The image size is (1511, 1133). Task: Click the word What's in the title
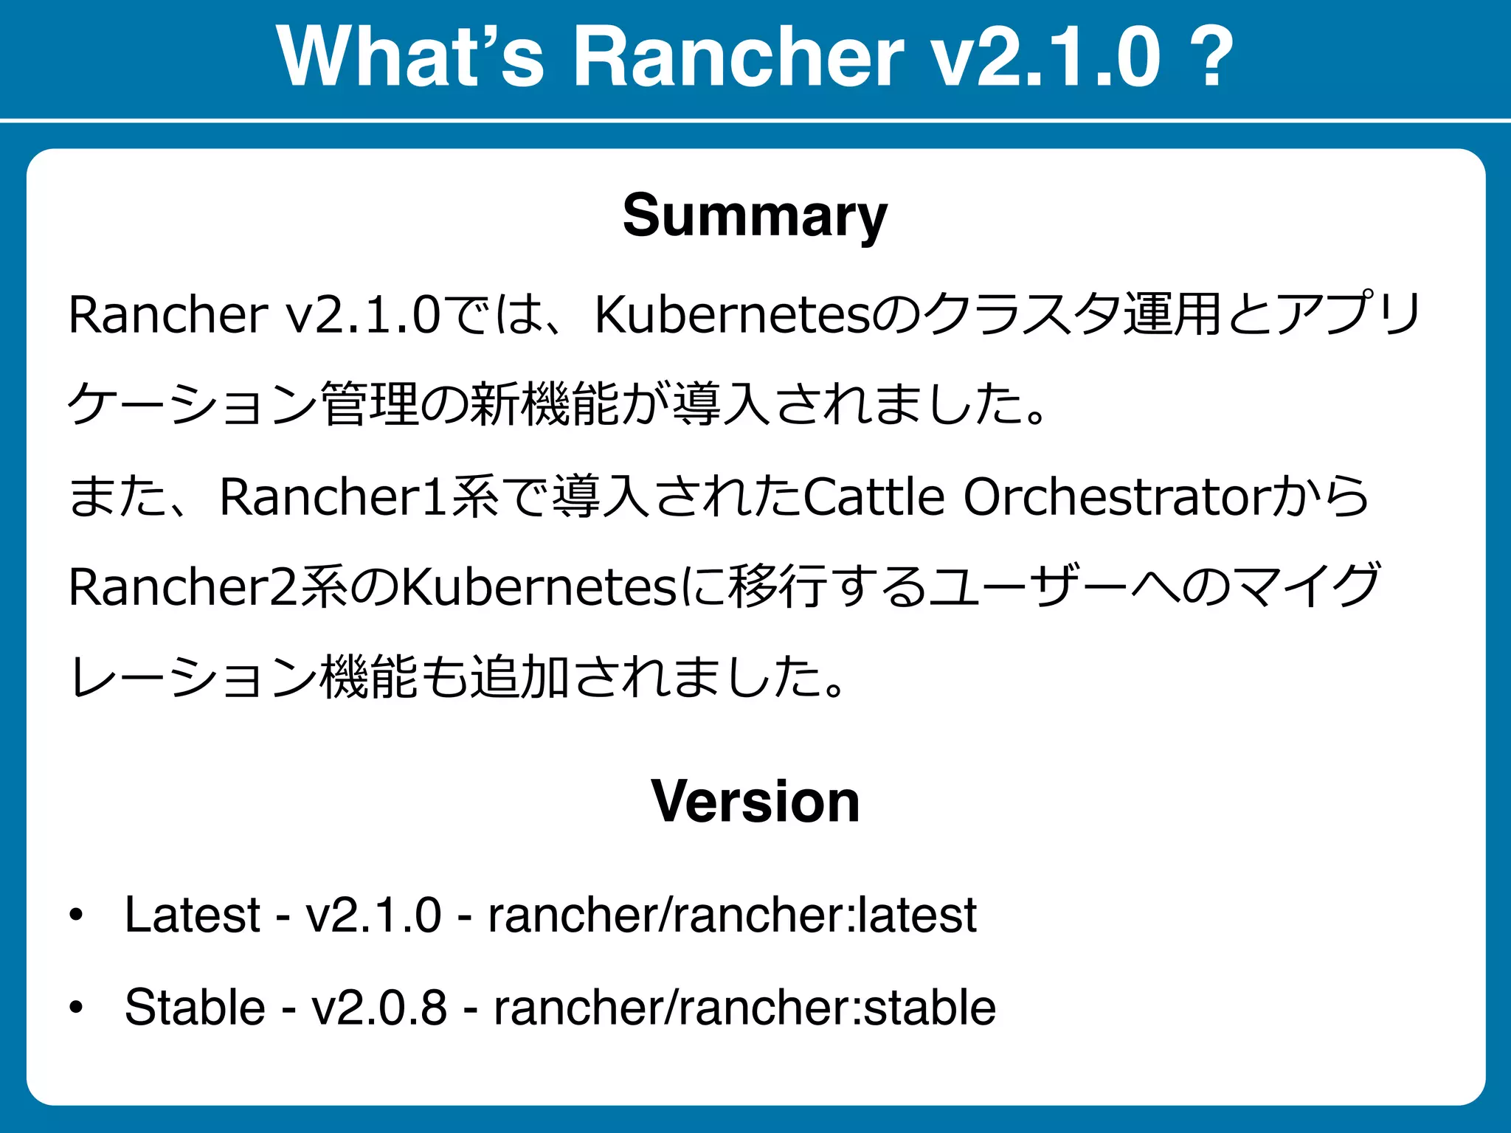(410, 58)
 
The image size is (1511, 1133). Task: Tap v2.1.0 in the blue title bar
(1046, 58)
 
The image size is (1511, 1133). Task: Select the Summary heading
(755, 215)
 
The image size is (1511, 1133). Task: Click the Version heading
(755, 802)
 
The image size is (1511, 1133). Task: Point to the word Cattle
(874, 497)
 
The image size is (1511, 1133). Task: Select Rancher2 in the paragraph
(184, 588)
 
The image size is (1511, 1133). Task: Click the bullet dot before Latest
(75, 915)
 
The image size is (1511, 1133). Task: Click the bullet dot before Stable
(75, 1008)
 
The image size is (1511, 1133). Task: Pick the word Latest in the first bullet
(193, 915)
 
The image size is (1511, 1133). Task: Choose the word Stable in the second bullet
(195, 1008)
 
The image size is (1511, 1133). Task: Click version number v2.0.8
(379, 1008)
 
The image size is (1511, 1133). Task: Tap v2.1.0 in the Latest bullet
(373, 915)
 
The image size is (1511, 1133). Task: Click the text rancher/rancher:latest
(732, 915)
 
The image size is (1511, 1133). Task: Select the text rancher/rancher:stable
(744, 1008)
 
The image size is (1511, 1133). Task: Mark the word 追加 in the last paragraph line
(519, 678)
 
